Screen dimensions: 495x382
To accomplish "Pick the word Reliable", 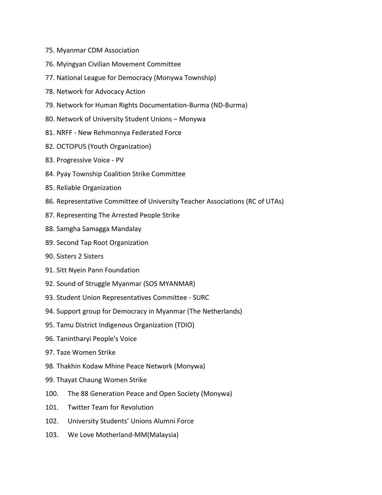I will point(68,188).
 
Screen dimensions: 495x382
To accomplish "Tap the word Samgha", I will point(68,229).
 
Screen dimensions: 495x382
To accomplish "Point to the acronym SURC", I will point(201,298).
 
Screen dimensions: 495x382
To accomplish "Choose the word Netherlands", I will point(222,311).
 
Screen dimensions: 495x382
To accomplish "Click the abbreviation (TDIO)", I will point(184,325).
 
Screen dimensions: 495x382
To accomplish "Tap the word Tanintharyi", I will point(74,339).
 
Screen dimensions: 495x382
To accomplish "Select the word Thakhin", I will point(68,366).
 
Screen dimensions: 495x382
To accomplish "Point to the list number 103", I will point(52,435).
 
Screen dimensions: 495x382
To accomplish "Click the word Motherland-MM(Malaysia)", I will point(137,435).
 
